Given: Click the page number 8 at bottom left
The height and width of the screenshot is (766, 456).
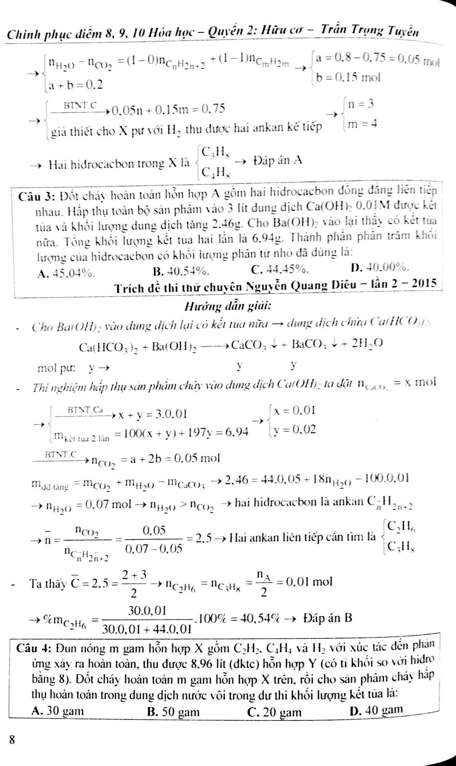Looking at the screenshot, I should point(12,730).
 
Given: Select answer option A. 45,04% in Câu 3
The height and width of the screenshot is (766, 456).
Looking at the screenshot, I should point(66,274).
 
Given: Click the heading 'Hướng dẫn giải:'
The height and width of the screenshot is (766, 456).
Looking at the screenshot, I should point(228,306).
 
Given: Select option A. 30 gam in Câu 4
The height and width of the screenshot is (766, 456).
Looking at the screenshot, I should point(58,711).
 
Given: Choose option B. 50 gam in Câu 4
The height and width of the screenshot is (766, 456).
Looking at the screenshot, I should point(173,712).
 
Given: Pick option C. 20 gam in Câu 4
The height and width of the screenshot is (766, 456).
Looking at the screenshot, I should point(274,712).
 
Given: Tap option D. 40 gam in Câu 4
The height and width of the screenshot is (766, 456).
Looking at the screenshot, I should point(377,710).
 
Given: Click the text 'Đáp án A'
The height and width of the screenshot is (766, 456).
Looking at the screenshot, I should point(278,160).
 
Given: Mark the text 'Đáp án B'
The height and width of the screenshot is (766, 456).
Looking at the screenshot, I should point(328,618).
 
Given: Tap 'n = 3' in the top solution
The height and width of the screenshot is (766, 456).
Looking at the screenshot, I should point(360,104).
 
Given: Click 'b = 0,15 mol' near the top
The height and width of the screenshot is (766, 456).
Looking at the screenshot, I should point(348,78).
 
